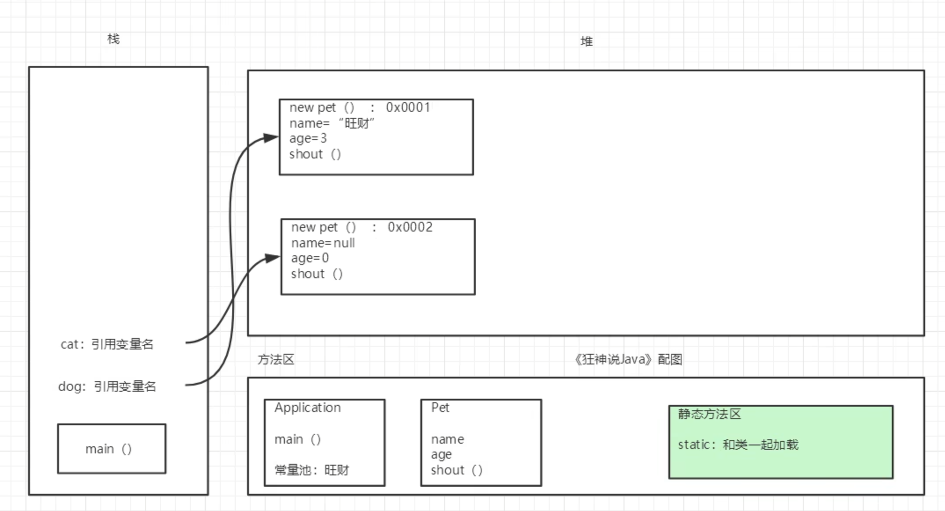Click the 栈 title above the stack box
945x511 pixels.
point(113,39)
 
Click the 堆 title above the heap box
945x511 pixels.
point(586,42)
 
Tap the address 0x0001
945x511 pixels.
point(408,107)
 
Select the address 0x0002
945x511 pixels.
point(410,227)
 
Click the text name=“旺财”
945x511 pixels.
point(332,123)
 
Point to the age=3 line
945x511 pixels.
point(308,139)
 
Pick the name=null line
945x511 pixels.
point(323,243)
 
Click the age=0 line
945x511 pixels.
point(310,258)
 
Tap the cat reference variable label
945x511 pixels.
point(107,344)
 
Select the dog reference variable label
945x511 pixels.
point(107,386)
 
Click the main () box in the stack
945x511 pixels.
point(111,449)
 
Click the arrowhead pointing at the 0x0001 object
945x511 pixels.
point(271,138)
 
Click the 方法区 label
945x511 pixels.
point(276,360)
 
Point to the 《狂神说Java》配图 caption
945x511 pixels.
point(628,360)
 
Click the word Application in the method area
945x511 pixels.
point(307,408)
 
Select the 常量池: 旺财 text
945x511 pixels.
point(311,470)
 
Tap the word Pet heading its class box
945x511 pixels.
point(440,408)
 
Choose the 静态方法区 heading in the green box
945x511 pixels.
point(709,414)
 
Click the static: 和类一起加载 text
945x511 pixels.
point(738,445)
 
